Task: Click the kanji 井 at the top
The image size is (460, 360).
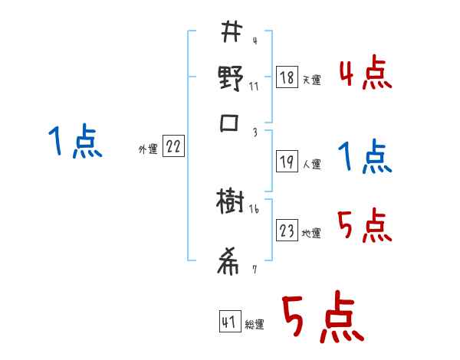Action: tap(230, 34)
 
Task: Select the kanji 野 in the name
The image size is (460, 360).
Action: tap(230, 79)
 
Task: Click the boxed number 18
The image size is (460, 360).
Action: tap(287, 77)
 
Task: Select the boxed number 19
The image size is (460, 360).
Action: tap(287, 161)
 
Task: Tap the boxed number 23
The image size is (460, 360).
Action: tap(287, 231)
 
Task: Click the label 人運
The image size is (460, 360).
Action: tap(311, 164)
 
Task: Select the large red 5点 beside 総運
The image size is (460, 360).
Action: tap(322, 319)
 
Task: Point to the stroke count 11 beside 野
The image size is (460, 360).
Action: tap(255, 86)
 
